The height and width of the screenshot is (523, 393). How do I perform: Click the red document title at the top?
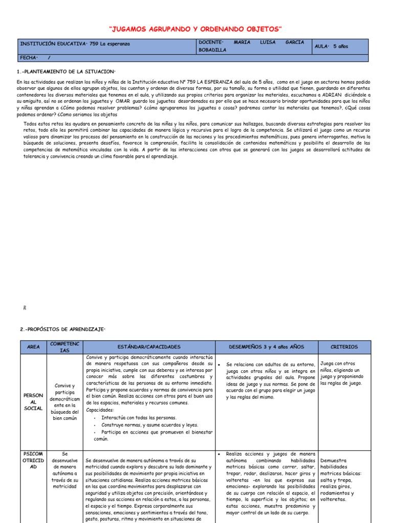[x=196, y=30]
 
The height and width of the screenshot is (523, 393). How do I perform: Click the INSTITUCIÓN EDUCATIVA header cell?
[x=75, y=44]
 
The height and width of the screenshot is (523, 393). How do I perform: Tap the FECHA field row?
[x=36, y=58]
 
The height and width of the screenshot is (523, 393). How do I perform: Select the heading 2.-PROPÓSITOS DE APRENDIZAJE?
[x=61, y=329]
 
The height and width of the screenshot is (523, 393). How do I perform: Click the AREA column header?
[x=33, y=347]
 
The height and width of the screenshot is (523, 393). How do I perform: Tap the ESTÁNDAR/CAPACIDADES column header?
[x=149, y=347]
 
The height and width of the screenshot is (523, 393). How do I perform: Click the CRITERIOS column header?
[x=344, y=347]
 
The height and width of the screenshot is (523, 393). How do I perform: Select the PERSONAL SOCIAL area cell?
[x=33, y=401]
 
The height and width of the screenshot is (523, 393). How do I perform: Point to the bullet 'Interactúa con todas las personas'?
[x=132, y=417]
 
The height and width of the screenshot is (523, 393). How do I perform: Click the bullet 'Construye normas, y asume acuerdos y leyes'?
[x=142, y=424]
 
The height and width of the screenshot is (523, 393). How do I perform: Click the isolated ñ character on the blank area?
[x=24, y=308]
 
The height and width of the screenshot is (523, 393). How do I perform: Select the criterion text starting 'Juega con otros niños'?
[x=341, y=373]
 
